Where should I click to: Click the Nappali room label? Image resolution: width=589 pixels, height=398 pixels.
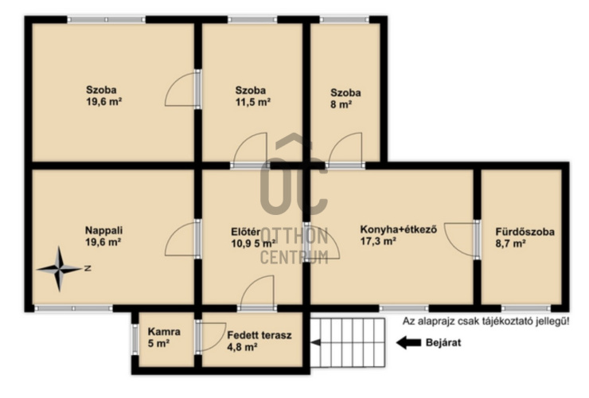coord(103,230)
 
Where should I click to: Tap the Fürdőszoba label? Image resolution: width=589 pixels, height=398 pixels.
coord(525,232)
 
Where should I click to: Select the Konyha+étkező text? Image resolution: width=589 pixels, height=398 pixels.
coord(399,229)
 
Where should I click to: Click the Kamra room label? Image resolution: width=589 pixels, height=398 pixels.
coord(164,331)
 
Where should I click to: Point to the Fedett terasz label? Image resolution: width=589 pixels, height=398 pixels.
coord(259,335)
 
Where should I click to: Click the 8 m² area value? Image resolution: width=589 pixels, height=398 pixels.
coord(341,104)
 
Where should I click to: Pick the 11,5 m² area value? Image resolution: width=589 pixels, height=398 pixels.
coord(253,102)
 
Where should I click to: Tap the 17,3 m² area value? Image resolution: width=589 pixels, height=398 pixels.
coord(378,241)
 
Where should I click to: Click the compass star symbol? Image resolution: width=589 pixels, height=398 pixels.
coord(59,269)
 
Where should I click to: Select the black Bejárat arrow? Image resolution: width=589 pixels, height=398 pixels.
coord(408,343)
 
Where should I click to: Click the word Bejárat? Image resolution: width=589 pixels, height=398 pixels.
coord(443,343)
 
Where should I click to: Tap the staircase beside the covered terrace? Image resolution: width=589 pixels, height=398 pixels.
coord(348,343)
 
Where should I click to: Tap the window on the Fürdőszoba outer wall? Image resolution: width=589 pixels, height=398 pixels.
coord(525,309)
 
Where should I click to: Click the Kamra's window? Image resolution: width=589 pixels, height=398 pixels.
coord(135,339)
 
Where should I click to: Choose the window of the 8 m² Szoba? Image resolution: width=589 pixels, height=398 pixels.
coord(344,20)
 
